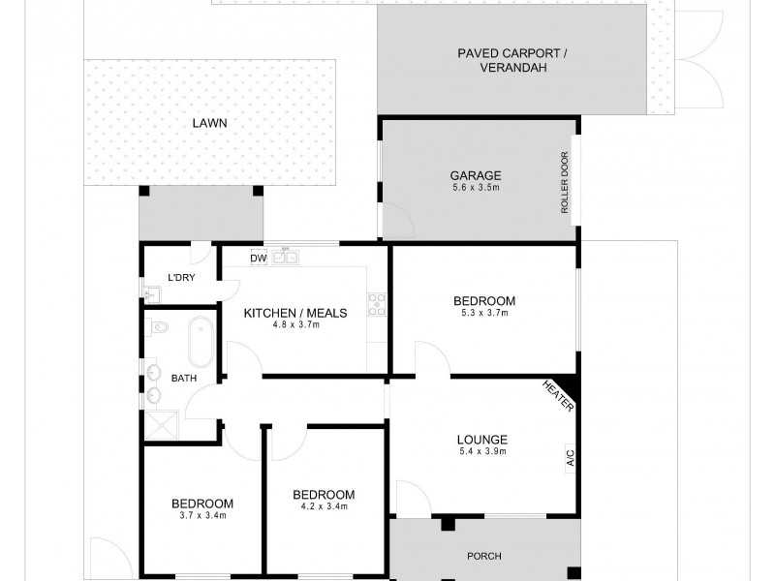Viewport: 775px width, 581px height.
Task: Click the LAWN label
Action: (x=209, y=123)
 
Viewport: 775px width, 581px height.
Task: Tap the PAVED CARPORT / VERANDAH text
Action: (x=513, y=60)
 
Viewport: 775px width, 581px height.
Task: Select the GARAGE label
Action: (x=475, y=175)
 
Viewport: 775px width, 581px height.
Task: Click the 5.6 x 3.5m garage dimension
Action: (x=475, y=188)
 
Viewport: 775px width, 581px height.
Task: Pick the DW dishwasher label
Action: (x=258, y=259)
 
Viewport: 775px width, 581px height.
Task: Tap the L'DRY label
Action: (x=181, y=278)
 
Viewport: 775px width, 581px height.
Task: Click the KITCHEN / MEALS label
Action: (x=294, y=313)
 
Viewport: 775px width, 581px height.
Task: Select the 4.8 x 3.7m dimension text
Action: (x=295, y=324)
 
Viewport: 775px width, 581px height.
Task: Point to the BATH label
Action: (x=183, y=379)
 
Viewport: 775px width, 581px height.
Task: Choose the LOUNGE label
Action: (x=481, y=441)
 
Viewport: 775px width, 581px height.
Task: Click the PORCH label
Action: (x=483, y=556)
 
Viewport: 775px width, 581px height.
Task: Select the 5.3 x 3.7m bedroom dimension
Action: (x=483, y=313)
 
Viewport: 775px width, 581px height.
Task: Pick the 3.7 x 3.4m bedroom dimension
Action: (x=202, y=515)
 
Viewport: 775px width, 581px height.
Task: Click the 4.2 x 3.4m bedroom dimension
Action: (x=324, y=505)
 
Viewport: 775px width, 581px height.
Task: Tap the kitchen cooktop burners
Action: (x=376, y=305)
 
